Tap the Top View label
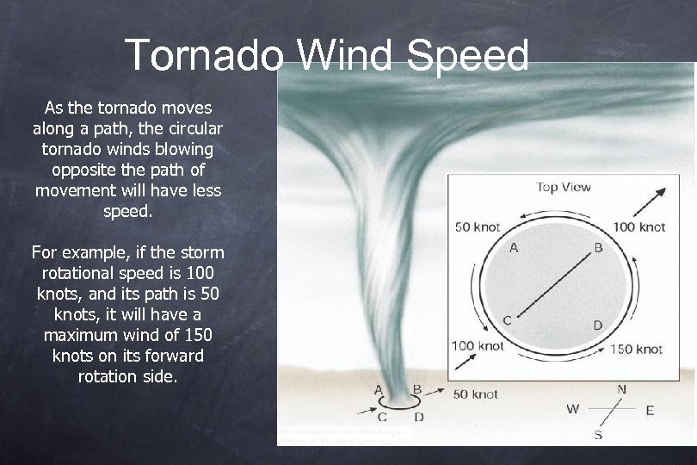[x=564, y=187]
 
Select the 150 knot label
[x=637, y=349]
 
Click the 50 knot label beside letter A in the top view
[x=478, y=227]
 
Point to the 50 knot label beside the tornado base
[x=476, y=394]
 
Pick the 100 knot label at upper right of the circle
[x=638, y=227]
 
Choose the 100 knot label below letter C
[x=478, y=346]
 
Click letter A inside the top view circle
[x=514, y=248]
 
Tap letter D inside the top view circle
[x=597, y=325]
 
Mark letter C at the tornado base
[x=381, y=418]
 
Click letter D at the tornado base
[x=419, y=418]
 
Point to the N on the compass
[x=621, y=390]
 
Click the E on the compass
[x=650, y=410]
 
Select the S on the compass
[x=598, y=435]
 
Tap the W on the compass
[x=572, y=409]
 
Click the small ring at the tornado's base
[x=398, y=402]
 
